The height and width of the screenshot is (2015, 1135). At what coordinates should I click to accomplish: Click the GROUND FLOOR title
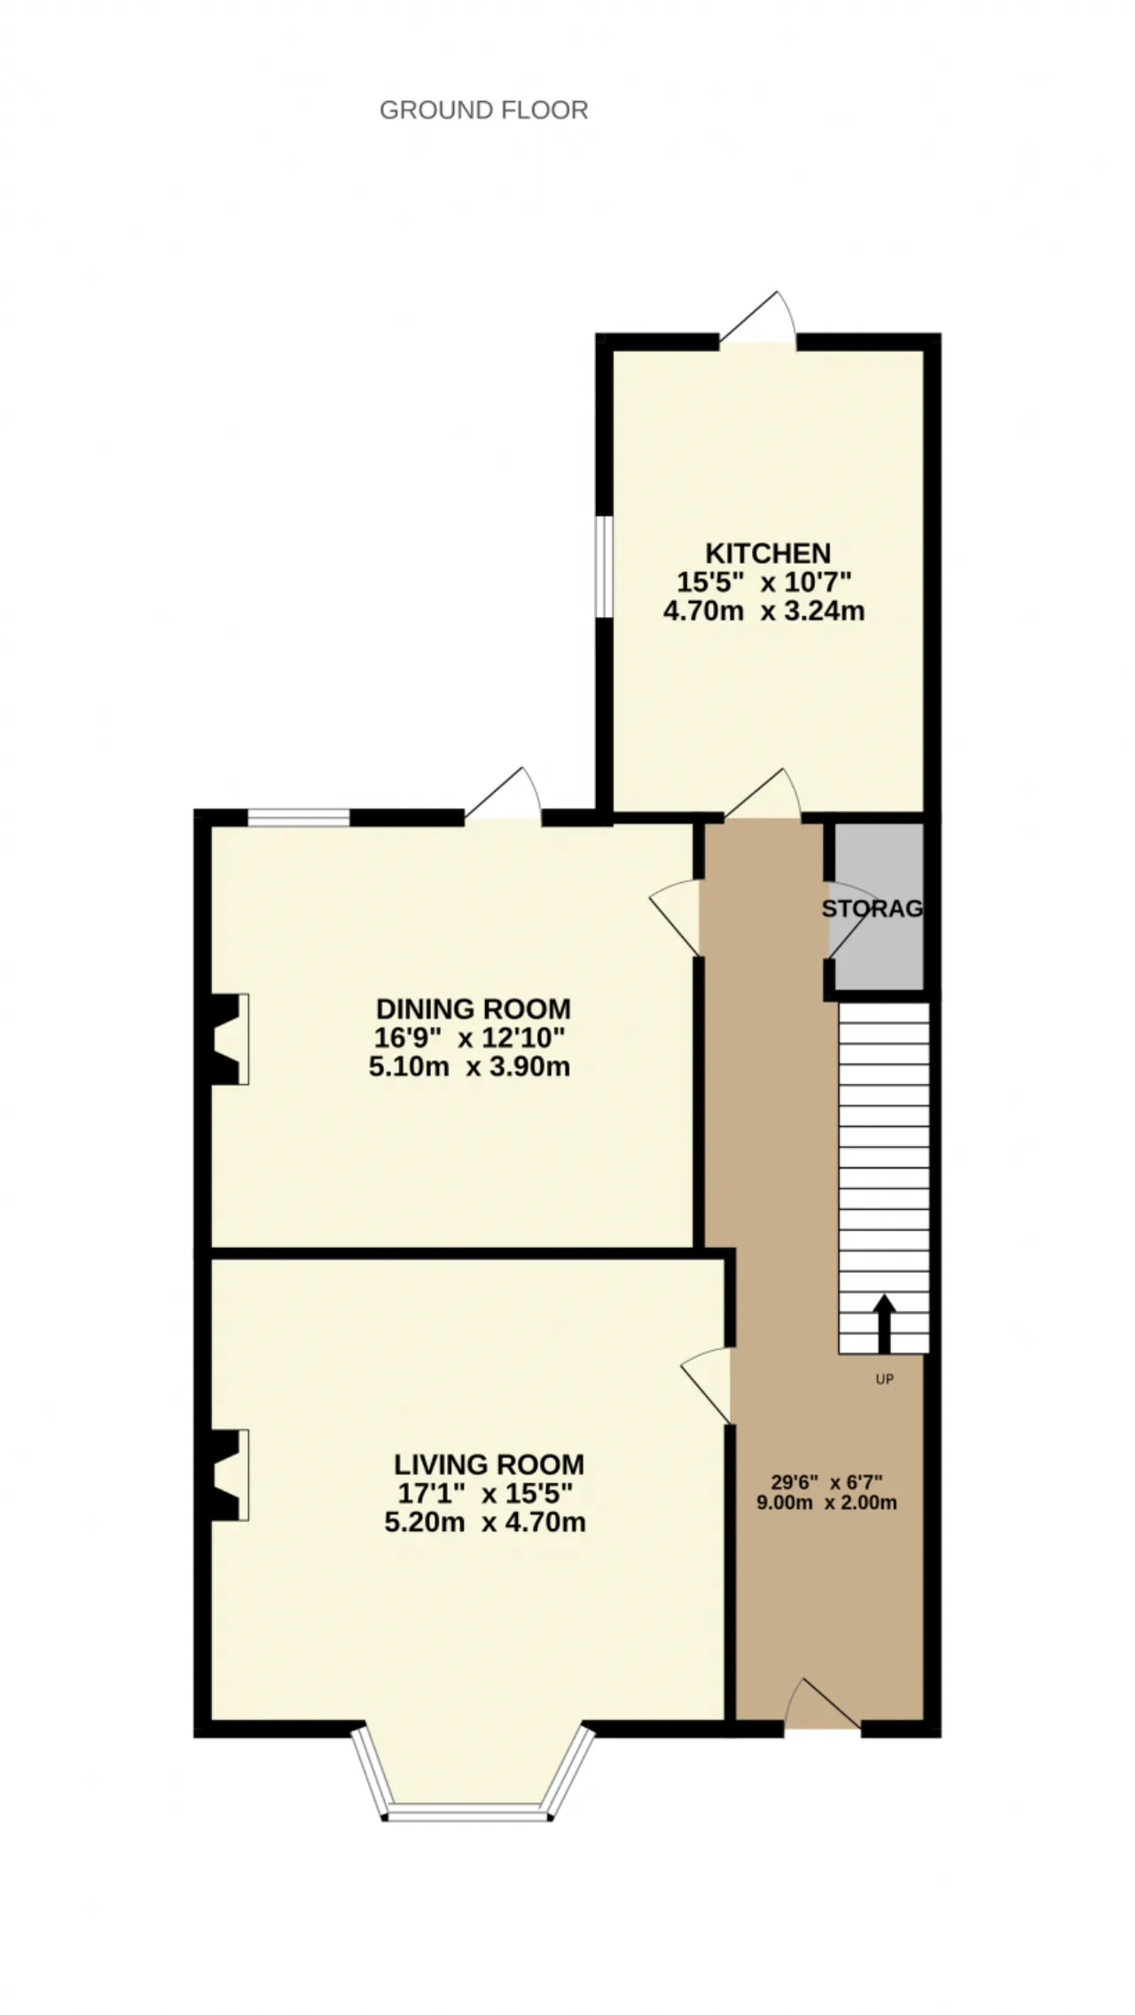tap(484, 110)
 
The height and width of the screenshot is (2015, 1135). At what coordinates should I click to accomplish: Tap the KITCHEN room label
tap(768, 553)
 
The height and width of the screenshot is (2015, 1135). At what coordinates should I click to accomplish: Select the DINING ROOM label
tap(474, 1009)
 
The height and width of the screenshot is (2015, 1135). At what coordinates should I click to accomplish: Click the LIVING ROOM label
tap(489, 1464)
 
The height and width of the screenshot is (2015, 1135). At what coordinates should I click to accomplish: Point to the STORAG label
tap(873, 909)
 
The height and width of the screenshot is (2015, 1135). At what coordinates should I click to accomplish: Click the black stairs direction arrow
tap(884, 1324)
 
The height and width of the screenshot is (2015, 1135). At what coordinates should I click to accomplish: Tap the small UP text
tap(884, 1379)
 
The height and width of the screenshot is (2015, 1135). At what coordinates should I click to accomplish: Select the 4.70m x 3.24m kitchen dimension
tap(764, 611)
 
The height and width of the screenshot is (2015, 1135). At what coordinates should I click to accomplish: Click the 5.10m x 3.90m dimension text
tap(470, 1066)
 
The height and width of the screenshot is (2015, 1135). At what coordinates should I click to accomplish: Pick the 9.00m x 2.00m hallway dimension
tap(826, 1503)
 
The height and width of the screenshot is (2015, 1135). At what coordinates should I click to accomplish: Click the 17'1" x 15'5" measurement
tap(485, 1494)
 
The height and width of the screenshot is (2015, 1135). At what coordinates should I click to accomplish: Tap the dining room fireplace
tap(227, 1039)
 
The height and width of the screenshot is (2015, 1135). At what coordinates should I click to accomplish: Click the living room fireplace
tap(227, 1475)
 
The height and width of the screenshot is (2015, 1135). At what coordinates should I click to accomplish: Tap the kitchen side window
tap(604, 566)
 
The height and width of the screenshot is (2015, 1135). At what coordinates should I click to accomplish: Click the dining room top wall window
tap(299, 817)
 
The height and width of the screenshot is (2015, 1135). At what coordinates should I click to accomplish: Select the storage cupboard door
tap(847, 920)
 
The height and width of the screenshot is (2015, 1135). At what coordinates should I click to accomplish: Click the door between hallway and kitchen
tap(763, 794)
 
